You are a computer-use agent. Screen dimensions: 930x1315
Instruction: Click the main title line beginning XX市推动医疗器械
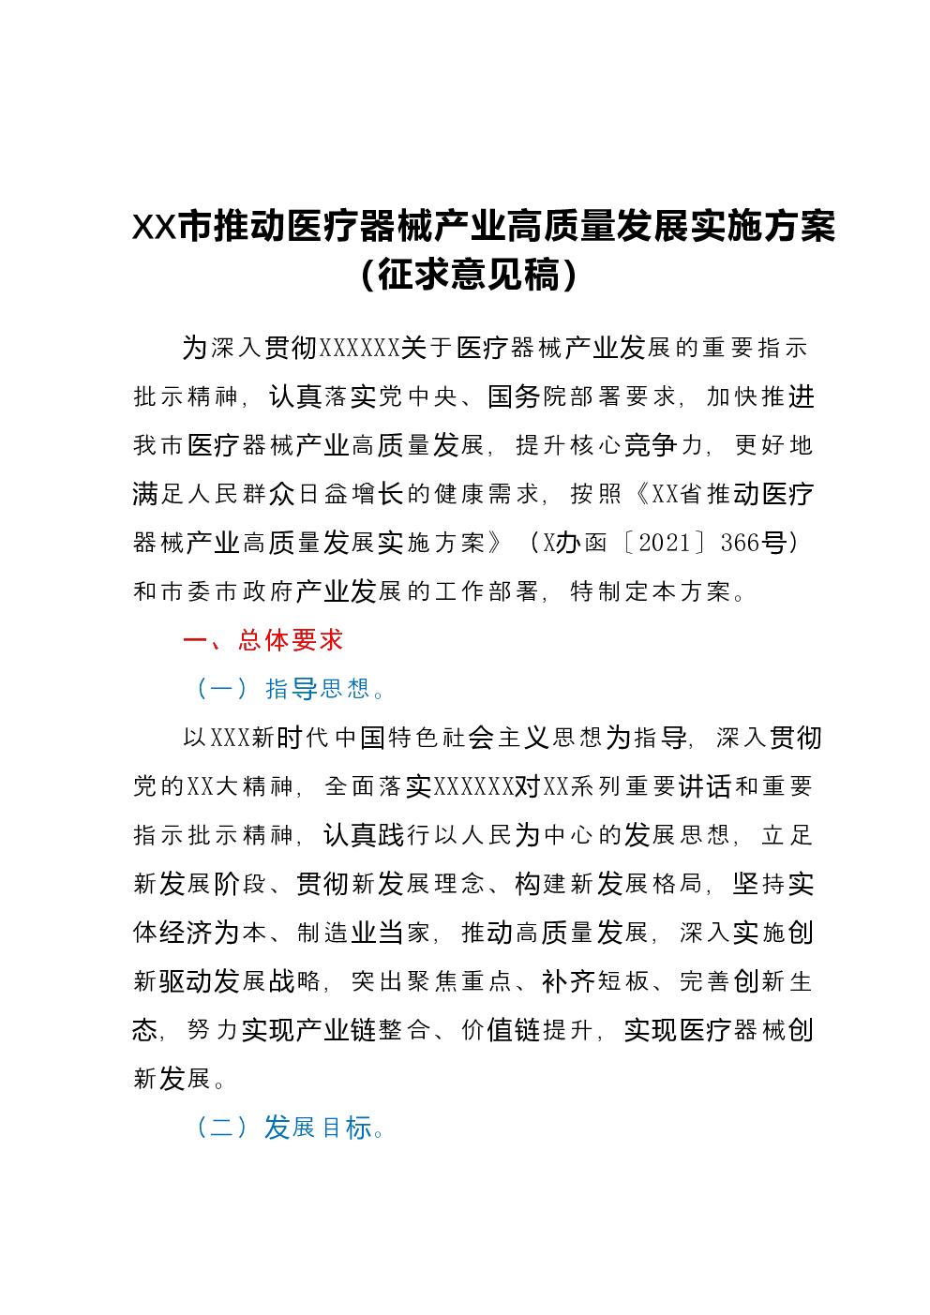click(483, 226)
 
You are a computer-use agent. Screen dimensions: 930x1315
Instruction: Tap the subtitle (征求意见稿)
click(470, 275)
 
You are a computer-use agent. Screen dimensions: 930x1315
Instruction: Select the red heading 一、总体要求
click(262, 640)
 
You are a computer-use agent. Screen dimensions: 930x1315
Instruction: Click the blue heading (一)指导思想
click(290, 689)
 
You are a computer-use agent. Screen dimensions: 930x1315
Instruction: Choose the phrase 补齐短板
click(594, 981)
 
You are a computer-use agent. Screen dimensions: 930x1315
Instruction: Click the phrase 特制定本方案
click(650, 591)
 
